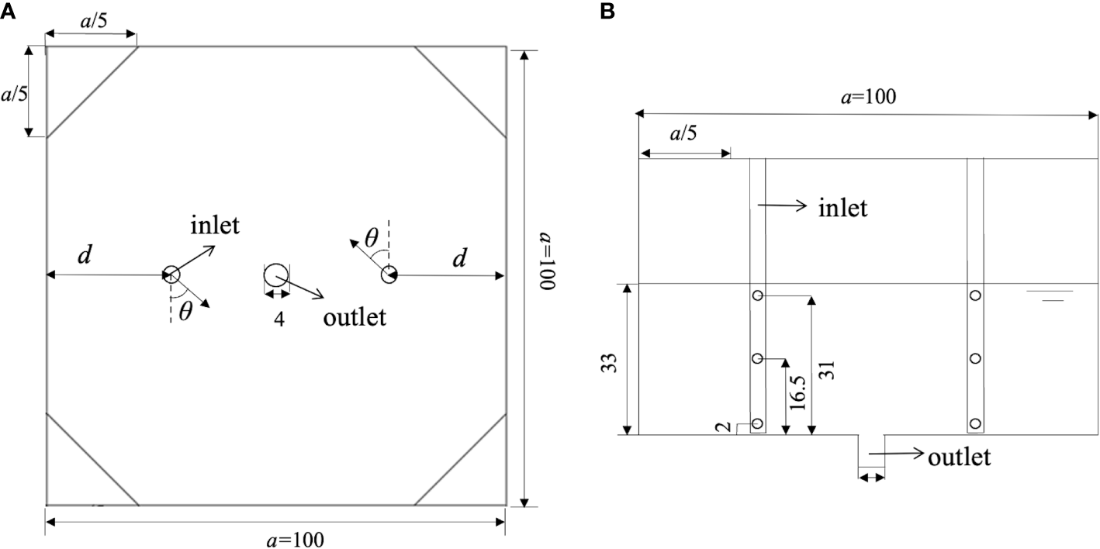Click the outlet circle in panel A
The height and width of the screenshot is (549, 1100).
pos(276,275)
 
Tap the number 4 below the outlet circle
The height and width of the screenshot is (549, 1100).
pos(278,319)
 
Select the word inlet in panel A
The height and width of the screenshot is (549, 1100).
pos(215,226)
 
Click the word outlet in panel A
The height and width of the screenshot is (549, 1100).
pos(355,317)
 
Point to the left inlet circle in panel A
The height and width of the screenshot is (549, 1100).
pos(171,274)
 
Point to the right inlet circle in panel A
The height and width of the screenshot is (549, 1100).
pos(389,274)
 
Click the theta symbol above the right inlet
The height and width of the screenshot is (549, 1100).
pos(372,238)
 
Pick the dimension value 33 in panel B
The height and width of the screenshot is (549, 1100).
pos(612,364)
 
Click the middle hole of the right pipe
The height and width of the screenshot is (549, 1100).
pos(975,358)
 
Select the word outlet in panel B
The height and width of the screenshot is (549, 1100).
pos(960,457)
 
